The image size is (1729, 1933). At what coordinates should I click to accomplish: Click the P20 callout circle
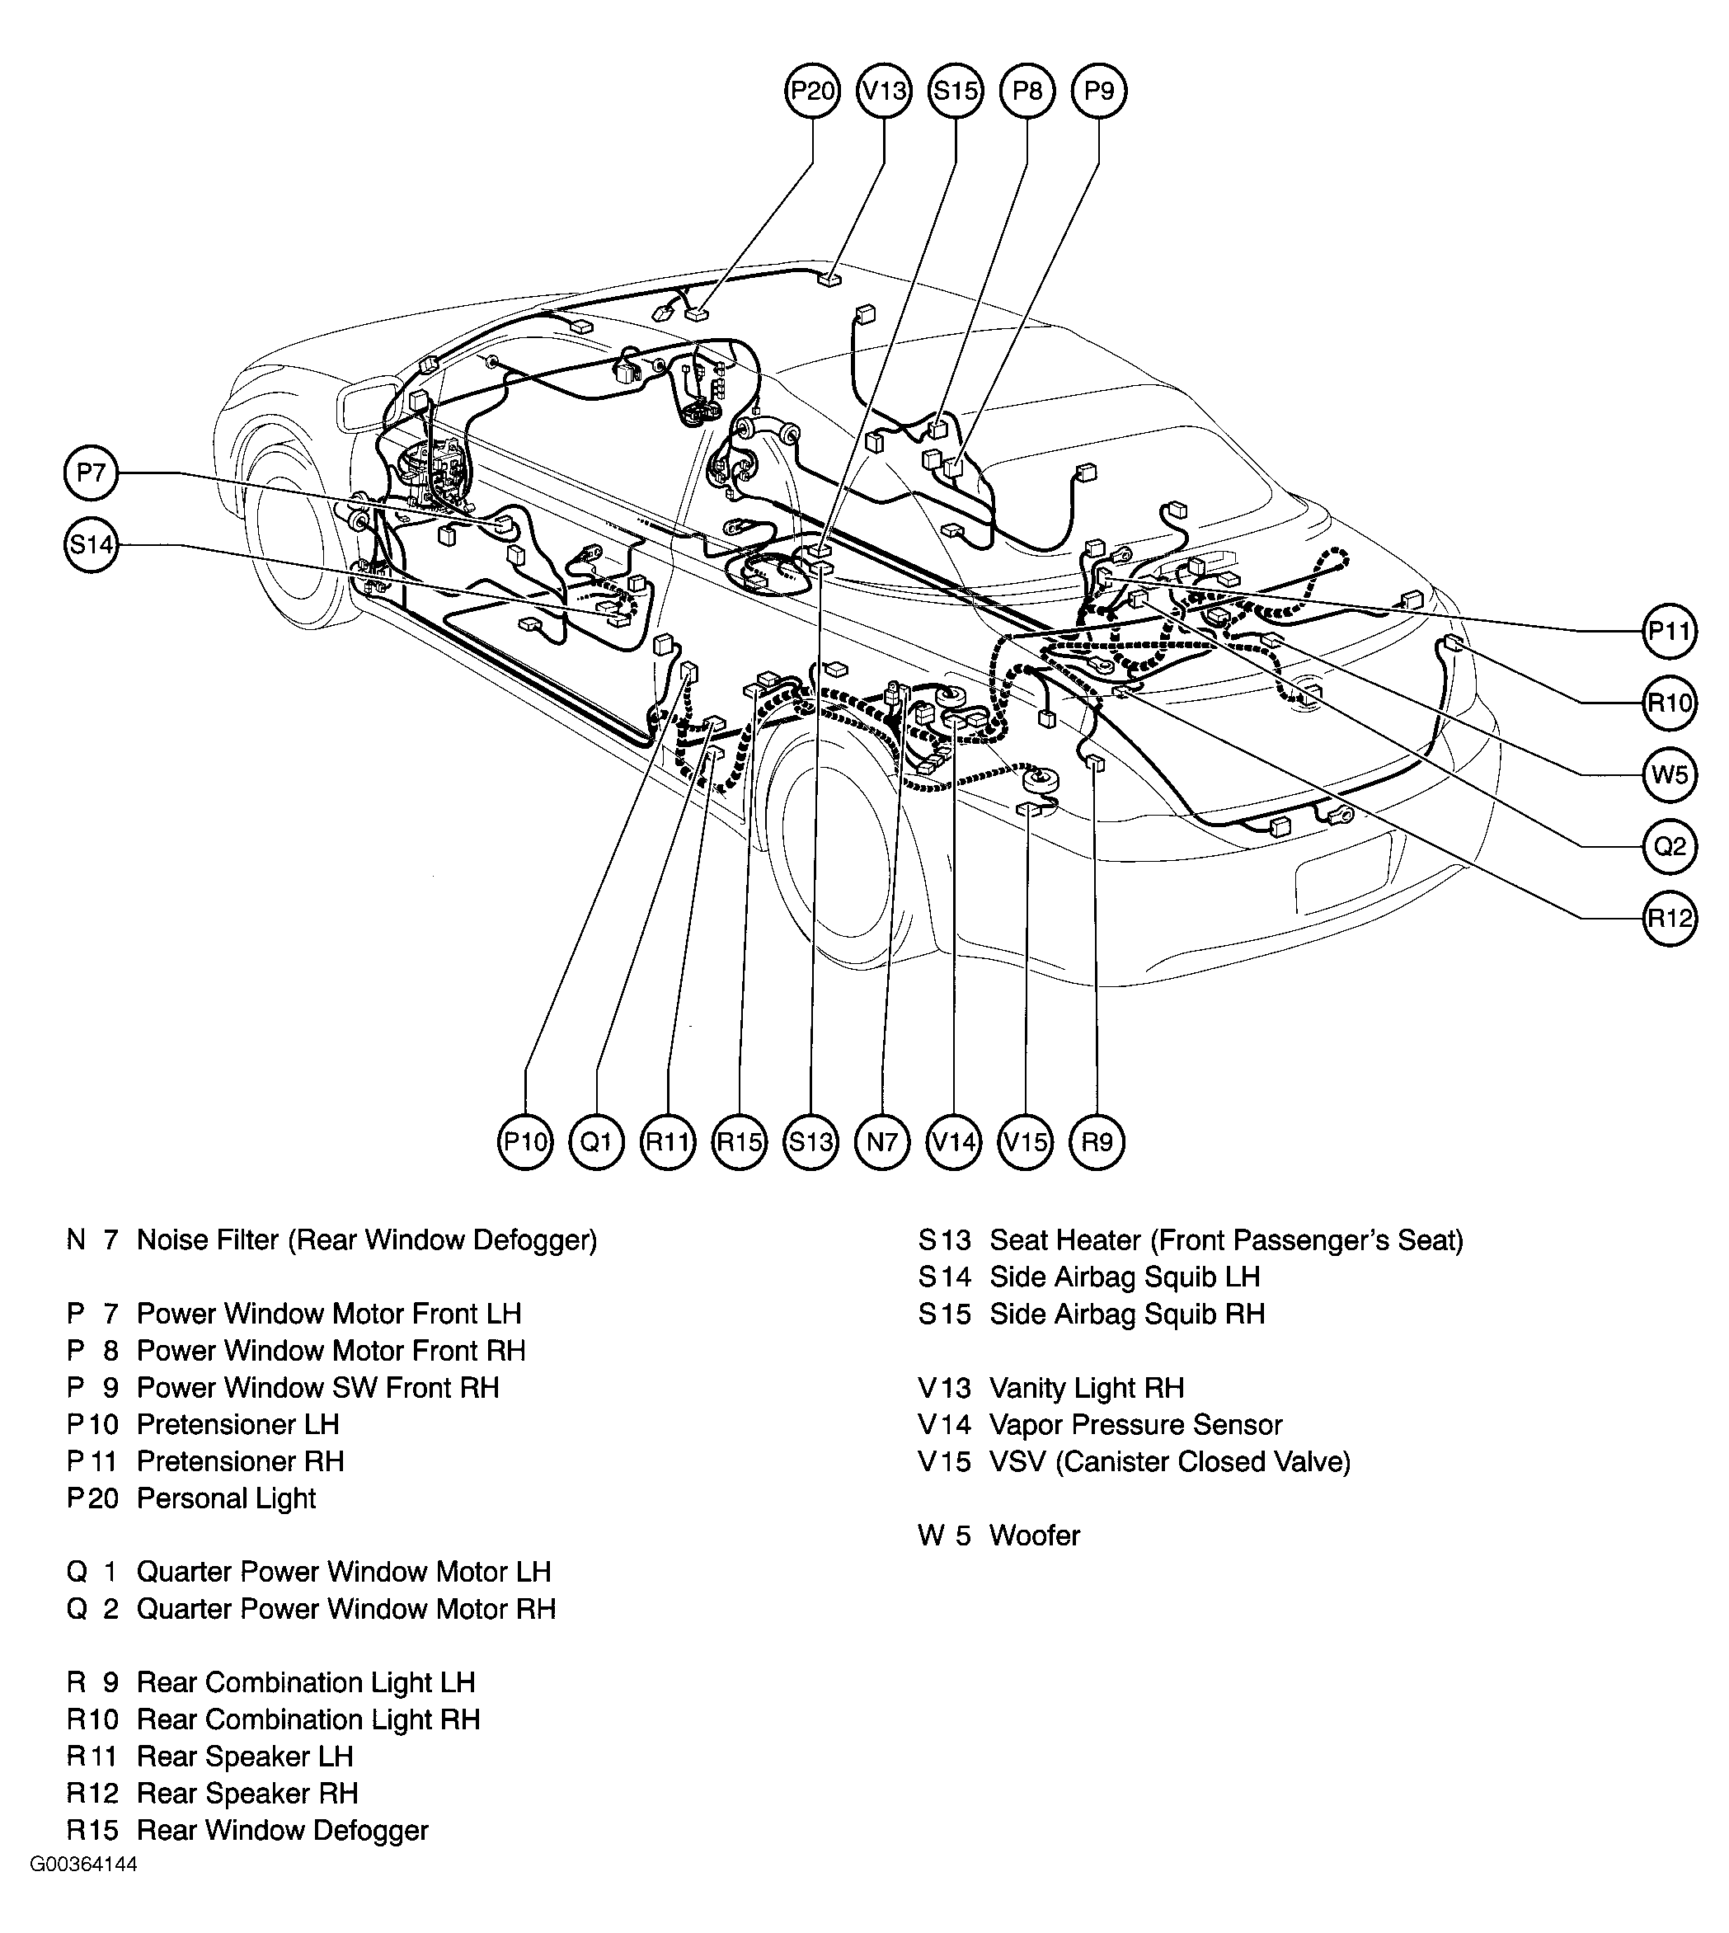[812, 92]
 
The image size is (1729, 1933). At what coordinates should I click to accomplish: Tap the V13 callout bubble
[885, 92]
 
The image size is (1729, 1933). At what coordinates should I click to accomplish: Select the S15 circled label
[956, 92]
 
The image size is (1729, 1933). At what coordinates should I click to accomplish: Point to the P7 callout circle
[92, 473]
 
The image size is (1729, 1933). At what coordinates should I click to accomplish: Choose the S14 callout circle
[92, 544]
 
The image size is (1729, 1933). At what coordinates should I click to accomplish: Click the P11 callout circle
[1669, 631]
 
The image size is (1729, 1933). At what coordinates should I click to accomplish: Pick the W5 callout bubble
[1669, 774]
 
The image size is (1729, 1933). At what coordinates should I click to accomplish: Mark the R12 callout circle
[1669, 918]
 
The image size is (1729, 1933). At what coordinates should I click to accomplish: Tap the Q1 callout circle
[597, 1141]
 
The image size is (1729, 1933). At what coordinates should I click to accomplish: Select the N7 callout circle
[882, 1141]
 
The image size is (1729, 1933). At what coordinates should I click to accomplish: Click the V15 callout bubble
[1026, 1141]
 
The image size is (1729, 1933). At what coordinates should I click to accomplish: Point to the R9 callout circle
[1097, 1141]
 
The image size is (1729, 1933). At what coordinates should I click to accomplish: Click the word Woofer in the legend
[1035, 1536]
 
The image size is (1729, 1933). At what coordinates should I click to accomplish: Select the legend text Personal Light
[226, 1498]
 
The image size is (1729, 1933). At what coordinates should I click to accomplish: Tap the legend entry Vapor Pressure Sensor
[1136, 1424]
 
